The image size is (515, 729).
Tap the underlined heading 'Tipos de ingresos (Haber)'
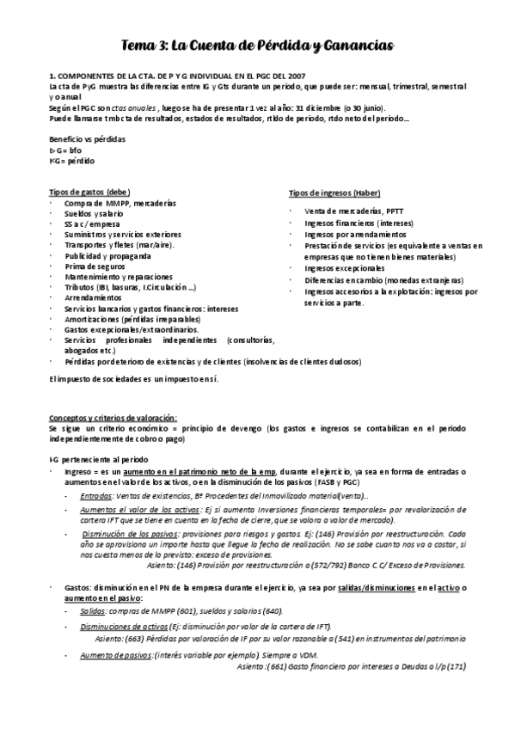[334, 193]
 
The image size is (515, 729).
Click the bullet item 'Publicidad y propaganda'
[107, 255]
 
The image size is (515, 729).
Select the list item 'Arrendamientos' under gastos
[92, 297]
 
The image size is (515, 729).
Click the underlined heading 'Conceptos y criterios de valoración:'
[113, 416]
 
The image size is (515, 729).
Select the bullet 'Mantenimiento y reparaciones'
[118, 276]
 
